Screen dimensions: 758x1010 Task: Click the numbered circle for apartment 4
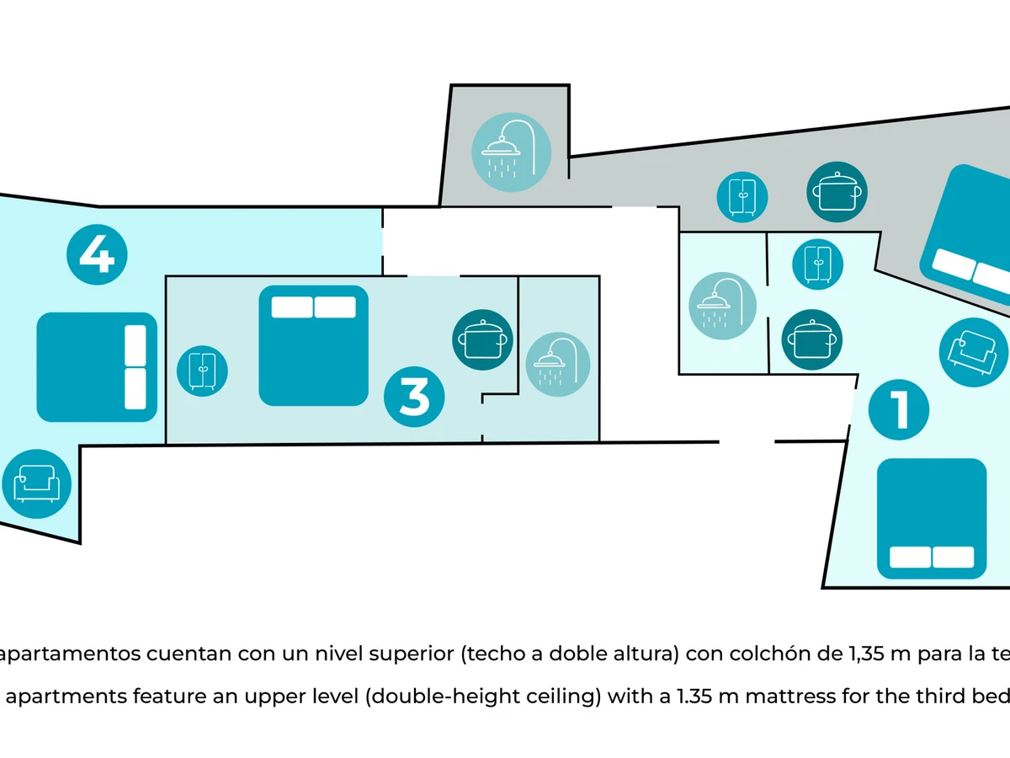pyautogui.click(x=97, y=254)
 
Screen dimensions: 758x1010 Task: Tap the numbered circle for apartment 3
pyautogui.click(x=414, y=397)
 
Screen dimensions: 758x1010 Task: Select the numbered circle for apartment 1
pyautogui.click(x=899, y=409)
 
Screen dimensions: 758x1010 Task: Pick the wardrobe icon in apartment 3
pyautogui.click(x=202, y=370)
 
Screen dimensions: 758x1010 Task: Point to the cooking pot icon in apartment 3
pyautogui.click(x=482, y=339)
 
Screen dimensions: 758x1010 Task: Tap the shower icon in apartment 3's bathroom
pyautogui.click(x=557, y=365)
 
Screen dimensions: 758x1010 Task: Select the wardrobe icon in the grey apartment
pyautogui.click(x=742, y=196)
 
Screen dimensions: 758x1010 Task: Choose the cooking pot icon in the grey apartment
pyautogui.click(x=837, y=192)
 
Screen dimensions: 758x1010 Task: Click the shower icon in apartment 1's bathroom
pyautogui.click(x=722, y=306)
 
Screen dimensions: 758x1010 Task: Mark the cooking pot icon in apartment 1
pyautogui.click(x=812, y=340)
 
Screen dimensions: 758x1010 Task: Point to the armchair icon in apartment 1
pyautogui.click(x=973, y=352)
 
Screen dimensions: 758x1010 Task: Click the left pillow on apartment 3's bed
pyautogui.click(x=291, y=307)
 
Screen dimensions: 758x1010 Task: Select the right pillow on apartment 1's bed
pyautogui.click(x=953, y=558)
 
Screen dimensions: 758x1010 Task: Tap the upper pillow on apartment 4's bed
pyautogui.click(x=136, y=345)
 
